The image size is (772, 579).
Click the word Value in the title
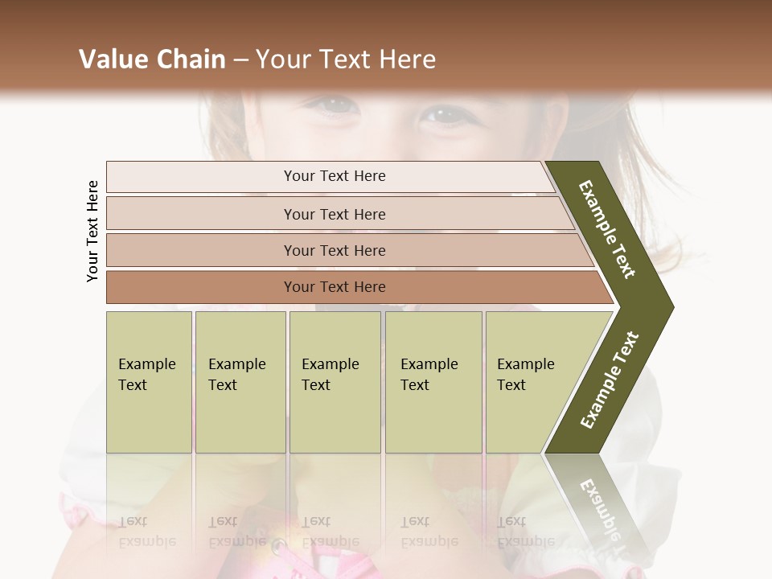[112, 60]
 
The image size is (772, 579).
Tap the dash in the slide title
[240, 60]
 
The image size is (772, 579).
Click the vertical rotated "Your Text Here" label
[92, 231]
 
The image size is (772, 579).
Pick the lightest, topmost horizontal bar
[330, 177]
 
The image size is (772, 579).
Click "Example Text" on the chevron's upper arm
[607, 229]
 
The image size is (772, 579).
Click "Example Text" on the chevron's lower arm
[609, 380]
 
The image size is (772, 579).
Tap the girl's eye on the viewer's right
[445, 115]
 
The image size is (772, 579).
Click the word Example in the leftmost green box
[146, 364]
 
